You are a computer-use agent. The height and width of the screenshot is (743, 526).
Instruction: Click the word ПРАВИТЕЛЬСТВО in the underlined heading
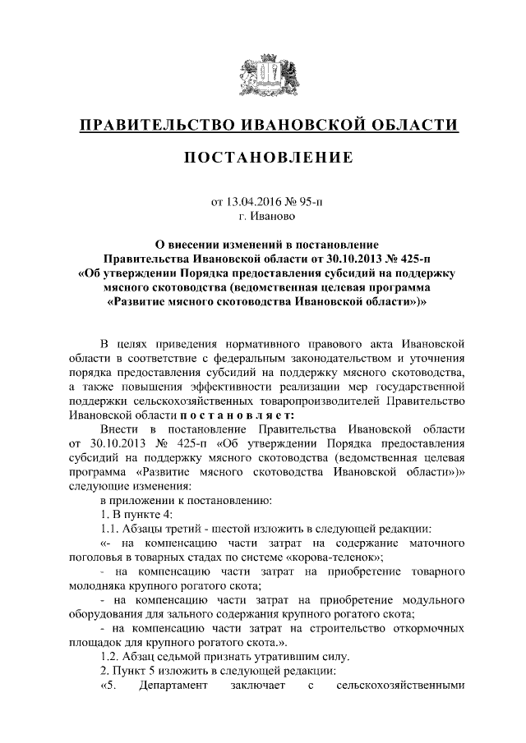[x=154, y=125]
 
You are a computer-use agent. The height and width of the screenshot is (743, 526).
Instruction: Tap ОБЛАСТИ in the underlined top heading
[x=411, y=125]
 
